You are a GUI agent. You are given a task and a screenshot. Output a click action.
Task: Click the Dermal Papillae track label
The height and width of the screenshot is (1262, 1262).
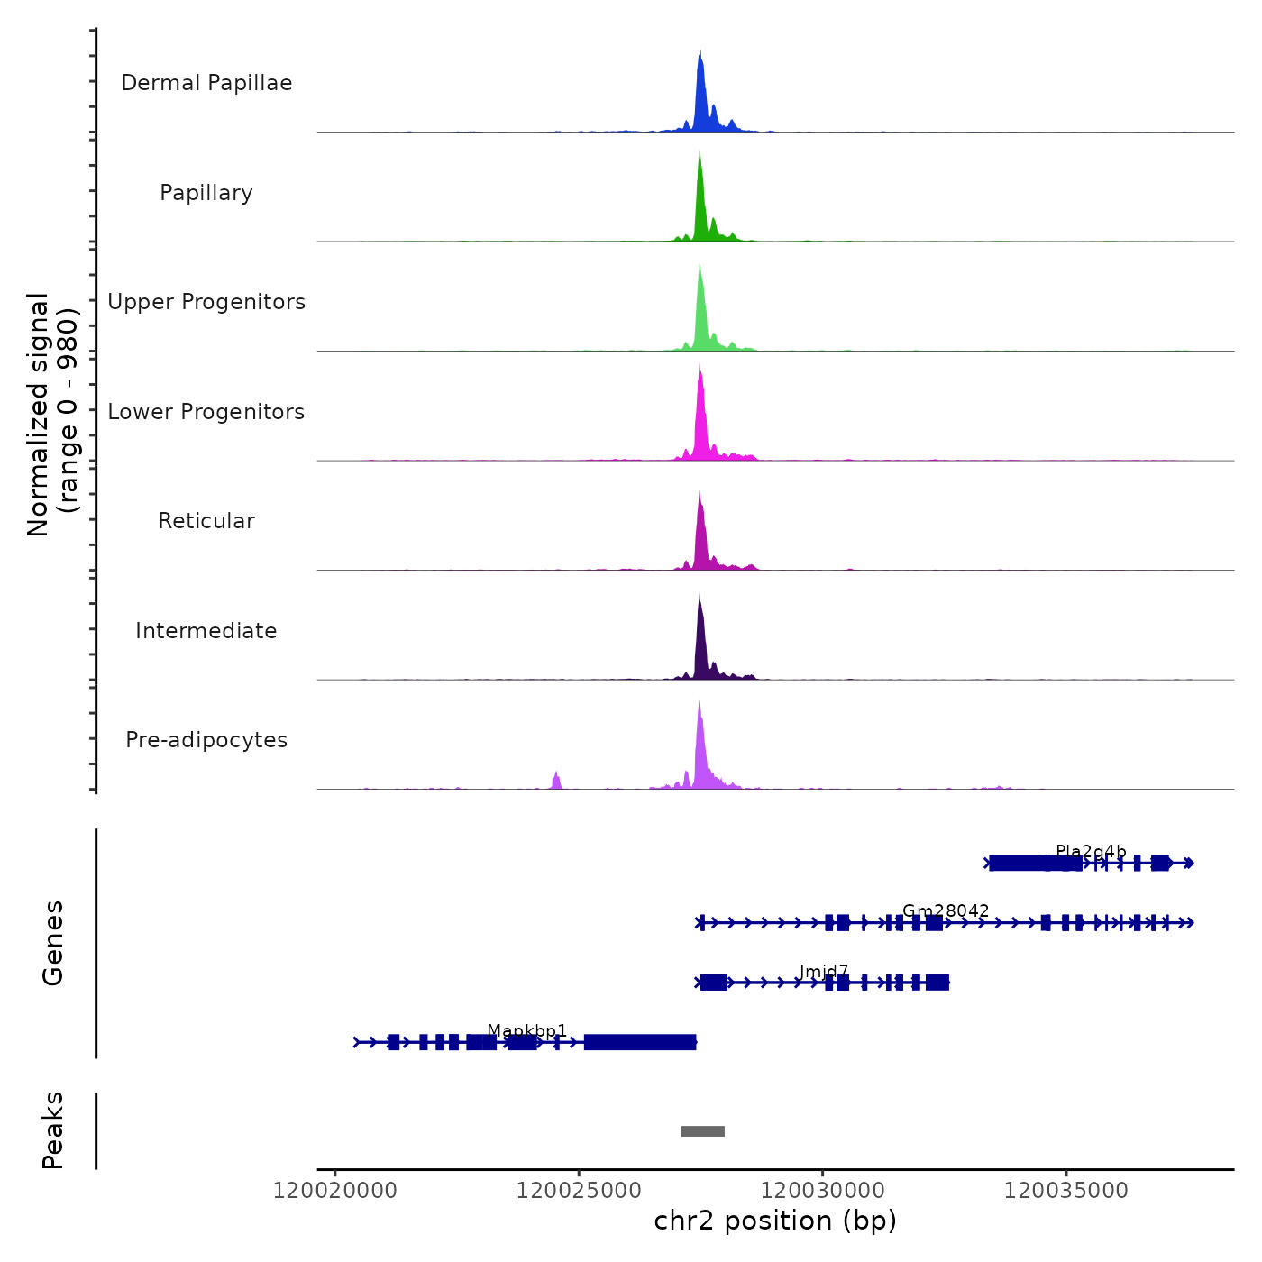point(206,83)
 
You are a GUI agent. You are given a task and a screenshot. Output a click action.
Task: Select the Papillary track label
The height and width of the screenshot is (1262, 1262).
point(206,193)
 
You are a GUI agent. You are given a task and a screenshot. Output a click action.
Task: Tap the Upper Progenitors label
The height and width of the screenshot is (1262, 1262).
point(206,302)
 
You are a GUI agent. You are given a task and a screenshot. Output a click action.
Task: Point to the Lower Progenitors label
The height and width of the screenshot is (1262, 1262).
point(206,412)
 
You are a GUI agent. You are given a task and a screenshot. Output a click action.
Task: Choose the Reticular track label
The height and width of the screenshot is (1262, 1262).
point(206,521)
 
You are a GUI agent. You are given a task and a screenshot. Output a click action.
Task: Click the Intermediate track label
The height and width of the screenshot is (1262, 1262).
point(206,631)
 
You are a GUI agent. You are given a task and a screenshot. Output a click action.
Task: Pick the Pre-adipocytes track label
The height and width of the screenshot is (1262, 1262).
point(206,740)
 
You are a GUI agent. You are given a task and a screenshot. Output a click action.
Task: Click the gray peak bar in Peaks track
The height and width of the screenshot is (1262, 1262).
point(703,1131)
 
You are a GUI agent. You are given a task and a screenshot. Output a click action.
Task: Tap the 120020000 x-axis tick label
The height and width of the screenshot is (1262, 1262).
point(335,1191)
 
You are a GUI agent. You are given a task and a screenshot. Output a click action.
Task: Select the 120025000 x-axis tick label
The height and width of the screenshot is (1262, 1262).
point(579,1191)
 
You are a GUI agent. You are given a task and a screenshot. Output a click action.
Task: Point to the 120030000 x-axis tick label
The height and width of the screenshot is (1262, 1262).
point(823,1191)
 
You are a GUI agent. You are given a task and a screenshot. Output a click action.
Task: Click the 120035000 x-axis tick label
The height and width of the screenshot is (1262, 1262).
point(1066,1191)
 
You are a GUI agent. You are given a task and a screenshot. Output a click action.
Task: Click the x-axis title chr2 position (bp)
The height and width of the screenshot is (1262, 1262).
point(775,1221)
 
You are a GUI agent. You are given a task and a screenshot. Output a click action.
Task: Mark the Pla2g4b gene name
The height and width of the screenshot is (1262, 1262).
point(1091,852)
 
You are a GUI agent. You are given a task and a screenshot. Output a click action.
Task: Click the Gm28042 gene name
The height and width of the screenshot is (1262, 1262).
point(946,911)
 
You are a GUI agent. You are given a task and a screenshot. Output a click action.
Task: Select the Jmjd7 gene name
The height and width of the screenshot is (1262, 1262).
point(823,972)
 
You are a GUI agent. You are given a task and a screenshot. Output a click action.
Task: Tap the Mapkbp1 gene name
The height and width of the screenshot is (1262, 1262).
point(527,1031)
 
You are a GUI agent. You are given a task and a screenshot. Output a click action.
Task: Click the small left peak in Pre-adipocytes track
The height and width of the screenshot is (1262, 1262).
point(556,780)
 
